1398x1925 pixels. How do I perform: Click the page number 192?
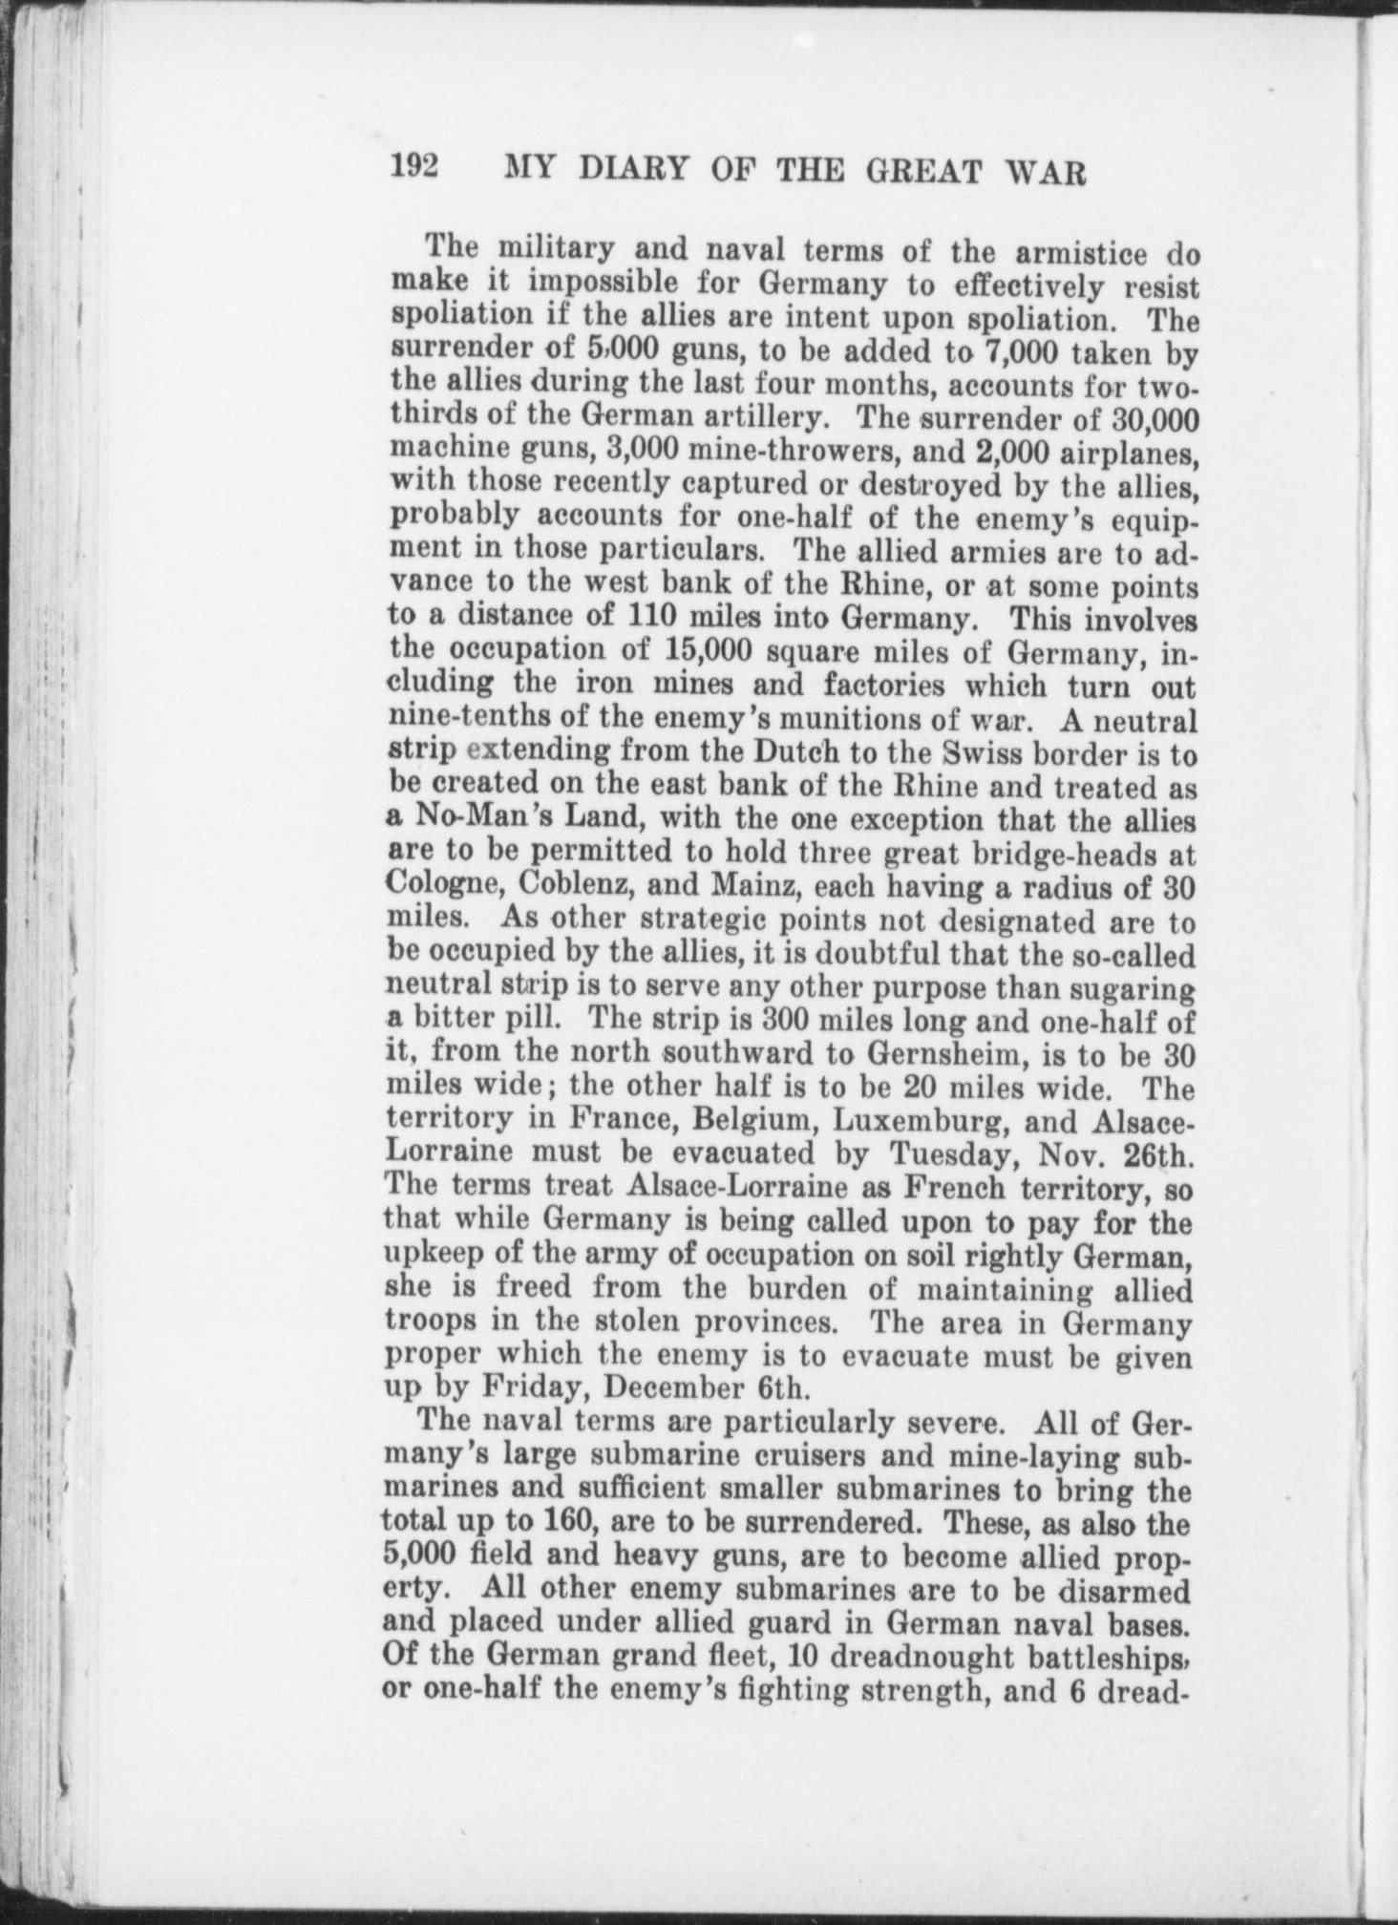pyautogui.click(x=413, y=169)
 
